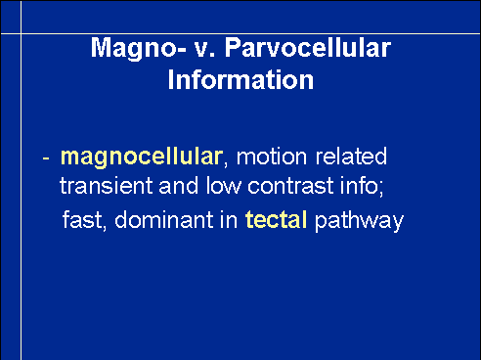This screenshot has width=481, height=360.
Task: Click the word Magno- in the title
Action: [x=138, y=49]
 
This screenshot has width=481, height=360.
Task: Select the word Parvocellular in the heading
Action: [x=308, y=48]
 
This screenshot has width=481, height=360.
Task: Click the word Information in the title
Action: [x=240, y=80]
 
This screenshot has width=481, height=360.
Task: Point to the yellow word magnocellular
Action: [x=142, y=158]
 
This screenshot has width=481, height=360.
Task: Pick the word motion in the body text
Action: [x=272, y=157]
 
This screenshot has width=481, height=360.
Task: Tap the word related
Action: [x=351, y=157]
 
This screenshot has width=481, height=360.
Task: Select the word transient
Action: [x=106, y=186]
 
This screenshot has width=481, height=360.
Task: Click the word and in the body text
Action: [x=178, y=186]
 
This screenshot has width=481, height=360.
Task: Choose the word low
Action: [x=223, y=186]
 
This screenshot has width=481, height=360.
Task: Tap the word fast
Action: [x=82, y=219]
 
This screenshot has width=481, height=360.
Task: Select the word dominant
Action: [x=164, y=219]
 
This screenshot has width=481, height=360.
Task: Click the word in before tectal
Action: [x=229, y=219]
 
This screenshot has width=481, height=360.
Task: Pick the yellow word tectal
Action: [x=276, y=219]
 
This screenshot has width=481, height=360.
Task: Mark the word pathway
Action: [x=359, y=221]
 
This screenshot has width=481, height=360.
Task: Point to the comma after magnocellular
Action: [x=226, y=164]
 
